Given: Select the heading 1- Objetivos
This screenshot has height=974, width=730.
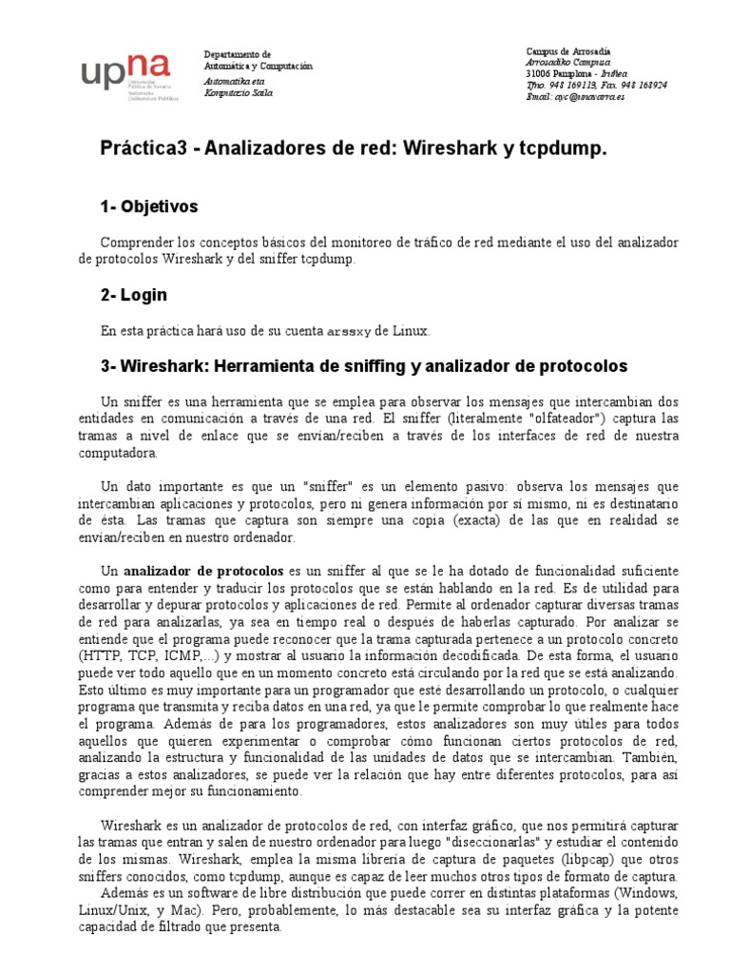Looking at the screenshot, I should (149, 206).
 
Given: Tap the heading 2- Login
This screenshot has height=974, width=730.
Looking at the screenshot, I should (134, 295).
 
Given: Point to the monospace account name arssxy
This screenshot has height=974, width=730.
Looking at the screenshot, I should (349, 331).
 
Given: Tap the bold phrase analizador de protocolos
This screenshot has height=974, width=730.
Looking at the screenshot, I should (203, 571).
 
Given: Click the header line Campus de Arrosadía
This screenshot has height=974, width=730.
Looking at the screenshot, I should (568, 50).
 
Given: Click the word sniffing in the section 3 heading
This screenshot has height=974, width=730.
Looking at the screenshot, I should (353, 365).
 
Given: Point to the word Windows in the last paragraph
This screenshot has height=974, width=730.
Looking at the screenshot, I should (645, 893).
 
